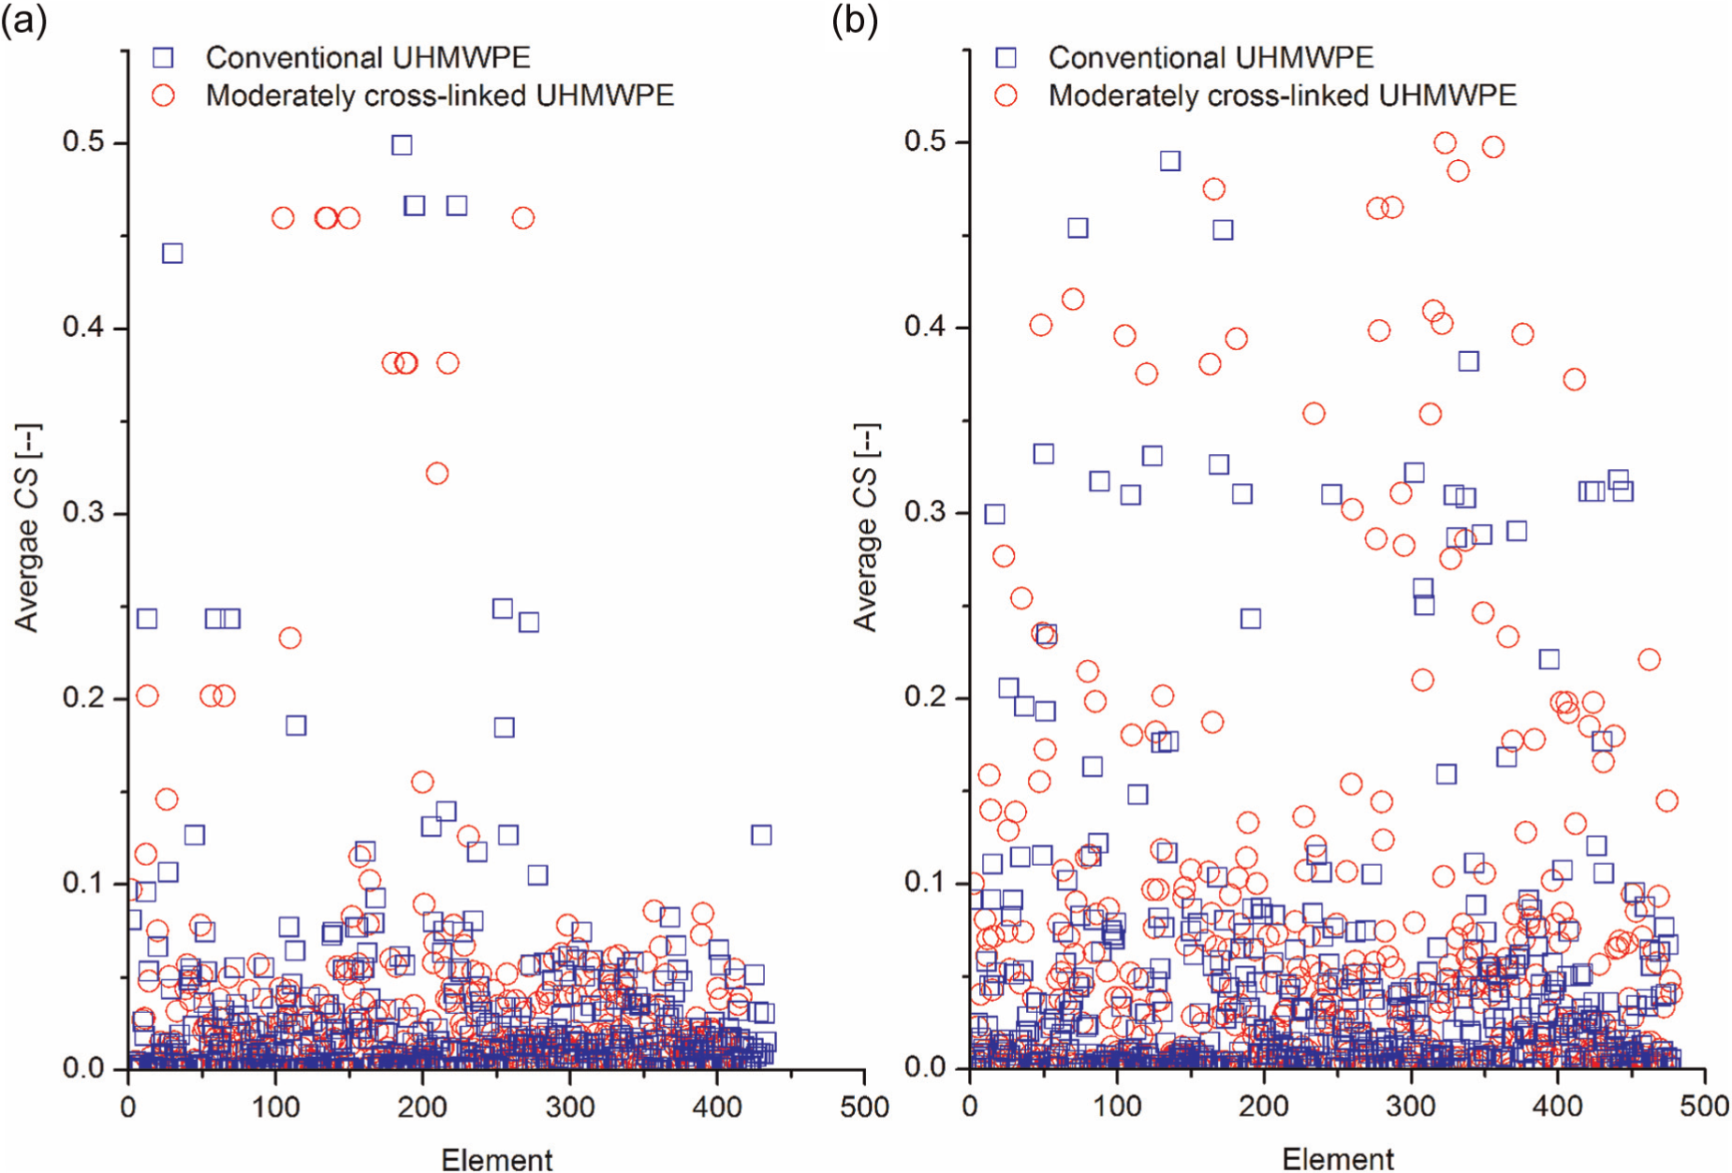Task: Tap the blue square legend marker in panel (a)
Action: click(163, 58)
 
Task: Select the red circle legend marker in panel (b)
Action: click(1005, 95)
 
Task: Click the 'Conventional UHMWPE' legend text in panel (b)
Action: click(1211, 57)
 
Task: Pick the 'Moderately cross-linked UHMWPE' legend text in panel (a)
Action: click(440, 95)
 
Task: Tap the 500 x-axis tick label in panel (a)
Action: click(864, 1107)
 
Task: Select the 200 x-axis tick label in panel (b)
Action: click(1264, 1107)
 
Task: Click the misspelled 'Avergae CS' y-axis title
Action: click(26, 529)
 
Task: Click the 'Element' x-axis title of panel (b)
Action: click(1338, 1159)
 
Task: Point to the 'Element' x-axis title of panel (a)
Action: click(497, 1159)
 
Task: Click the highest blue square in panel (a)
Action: click(402, 145)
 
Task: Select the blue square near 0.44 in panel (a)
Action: click(172, 254)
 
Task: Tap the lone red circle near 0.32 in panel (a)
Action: click(437, 474)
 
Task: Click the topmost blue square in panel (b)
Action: click(1170, 161)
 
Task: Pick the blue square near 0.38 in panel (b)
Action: click(1469, 361)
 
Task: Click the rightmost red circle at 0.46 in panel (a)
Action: click(523, 218)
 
